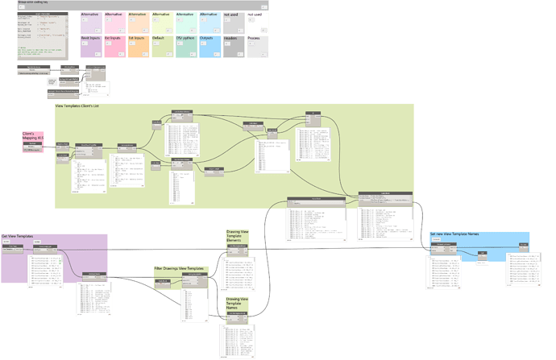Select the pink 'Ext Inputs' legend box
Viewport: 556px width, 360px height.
point(114,46)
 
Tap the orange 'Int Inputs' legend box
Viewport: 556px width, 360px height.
point(138,46)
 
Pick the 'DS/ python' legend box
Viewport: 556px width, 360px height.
point(185,46)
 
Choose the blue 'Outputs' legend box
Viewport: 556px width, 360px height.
point(209,46)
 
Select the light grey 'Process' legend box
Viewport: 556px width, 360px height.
point(259,46)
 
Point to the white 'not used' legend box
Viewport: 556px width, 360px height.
point(259,22)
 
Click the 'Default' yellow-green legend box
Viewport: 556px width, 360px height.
point(161,46)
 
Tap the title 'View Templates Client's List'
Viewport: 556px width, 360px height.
point(89,106)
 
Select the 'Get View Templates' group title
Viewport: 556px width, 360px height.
point(18,236)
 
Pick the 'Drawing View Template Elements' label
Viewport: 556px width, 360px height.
point(239,236)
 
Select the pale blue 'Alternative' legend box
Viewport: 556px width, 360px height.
point(209,22)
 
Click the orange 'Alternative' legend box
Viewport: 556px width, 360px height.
point(138,22)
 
